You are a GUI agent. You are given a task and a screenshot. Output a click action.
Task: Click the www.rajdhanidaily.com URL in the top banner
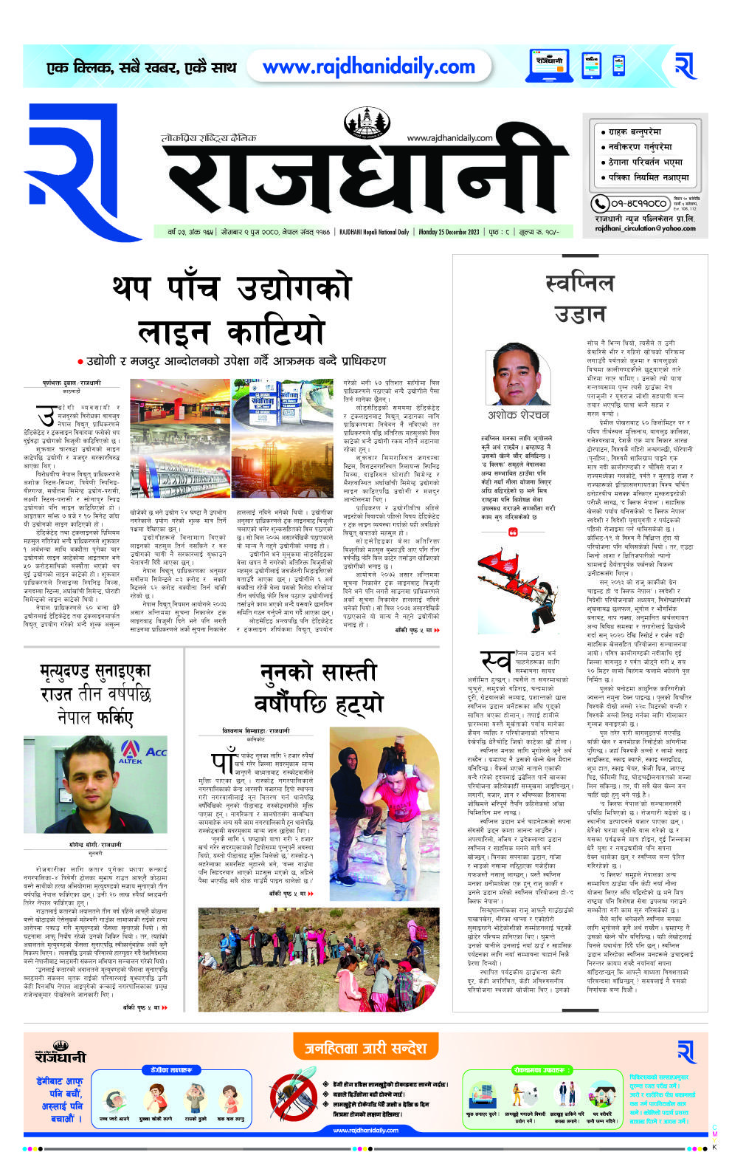368,67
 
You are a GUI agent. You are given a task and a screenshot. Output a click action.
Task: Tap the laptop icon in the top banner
550,66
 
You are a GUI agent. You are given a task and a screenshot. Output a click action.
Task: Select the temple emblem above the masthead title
368,122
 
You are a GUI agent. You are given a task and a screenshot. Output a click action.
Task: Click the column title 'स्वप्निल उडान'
579,298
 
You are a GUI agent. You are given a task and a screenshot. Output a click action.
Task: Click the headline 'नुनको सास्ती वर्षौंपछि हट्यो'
319,687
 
